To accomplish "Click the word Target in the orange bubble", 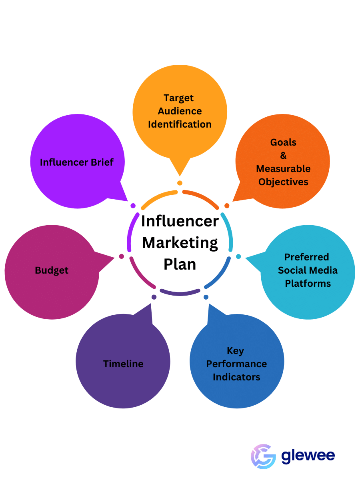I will click(178, 98).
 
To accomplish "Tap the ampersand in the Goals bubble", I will click(283, 156).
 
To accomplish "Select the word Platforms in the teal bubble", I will click(308, 284).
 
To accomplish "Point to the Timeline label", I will click(123, 364).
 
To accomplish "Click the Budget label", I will click(52, 270).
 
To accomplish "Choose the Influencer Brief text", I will click(77, 162).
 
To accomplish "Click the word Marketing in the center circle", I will click(180, 242).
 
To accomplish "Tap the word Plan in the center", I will click(180, 264).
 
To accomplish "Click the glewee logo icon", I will click(263, 456).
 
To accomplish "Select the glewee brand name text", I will click(308, 456).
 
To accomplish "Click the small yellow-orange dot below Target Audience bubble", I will click(180, 183).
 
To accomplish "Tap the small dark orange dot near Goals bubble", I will click(227, 206).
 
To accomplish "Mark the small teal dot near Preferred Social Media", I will click(238, 256).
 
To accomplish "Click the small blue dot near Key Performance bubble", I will click(206, 297).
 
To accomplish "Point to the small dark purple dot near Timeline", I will click(154, 297).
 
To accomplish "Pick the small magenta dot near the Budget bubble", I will click(122, 256).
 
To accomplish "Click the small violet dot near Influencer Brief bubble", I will click(133, 206).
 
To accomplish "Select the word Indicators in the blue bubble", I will click(236, 377).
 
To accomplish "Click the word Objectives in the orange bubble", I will click(283, 182).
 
